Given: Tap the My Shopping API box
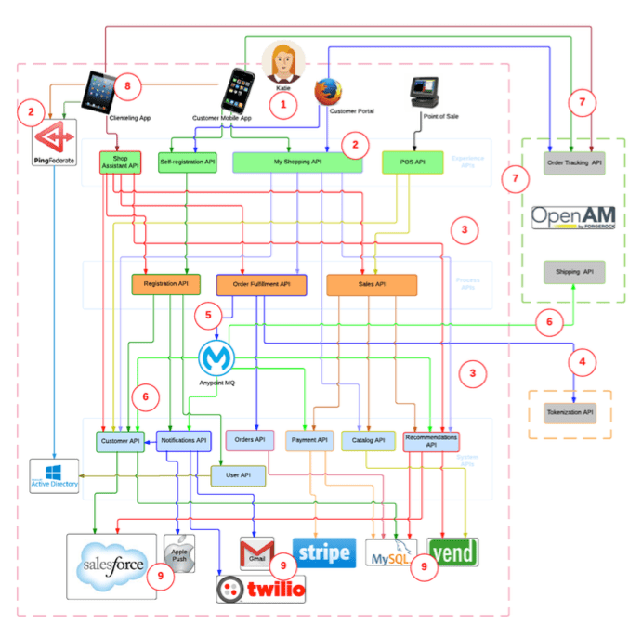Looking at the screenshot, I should click(x=297, y=162).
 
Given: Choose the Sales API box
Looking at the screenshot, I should click(x=372, y=284).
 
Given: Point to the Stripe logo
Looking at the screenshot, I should click(x=323, y=552).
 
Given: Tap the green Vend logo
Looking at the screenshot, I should click(x=452, y=552).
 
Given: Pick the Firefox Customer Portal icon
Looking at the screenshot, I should click(x=326, y=94).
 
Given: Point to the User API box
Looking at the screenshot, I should click(x=238, y=475).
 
